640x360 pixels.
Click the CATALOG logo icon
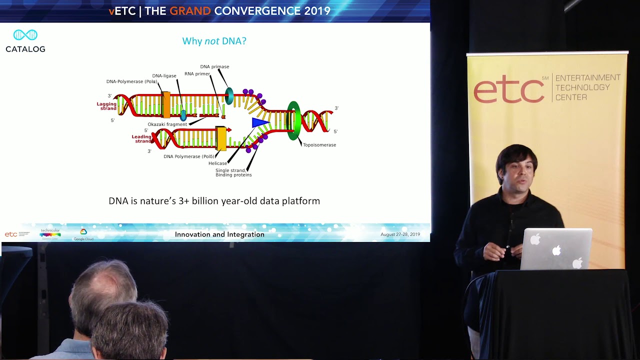(25, 35)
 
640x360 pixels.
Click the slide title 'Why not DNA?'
(214, 41)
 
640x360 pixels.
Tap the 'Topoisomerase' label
(319, 145)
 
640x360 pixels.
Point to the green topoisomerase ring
(293, 120)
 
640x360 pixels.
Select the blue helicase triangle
(260, 122)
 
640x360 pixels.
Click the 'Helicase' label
(217, 163)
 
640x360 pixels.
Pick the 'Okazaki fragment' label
(167, 124)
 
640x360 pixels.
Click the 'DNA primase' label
(214, 66)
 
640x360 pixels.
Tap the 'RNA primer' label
(197, 74)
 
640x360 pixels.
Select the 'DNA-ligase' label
(164, 76)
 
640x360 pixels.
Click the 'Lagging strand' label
(106, 105)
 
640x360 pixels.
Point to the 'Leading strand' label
(141, 138)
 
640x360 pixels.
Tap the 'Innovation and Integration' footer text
(219, 234)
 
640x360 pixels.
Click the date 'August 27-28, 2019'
(400, 234)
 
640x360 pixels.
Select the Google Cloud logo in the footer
(83, 234)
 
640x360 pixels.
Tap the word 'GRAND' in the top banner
(190, 11)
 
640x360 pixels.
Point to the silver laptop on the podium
(556, 249)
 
